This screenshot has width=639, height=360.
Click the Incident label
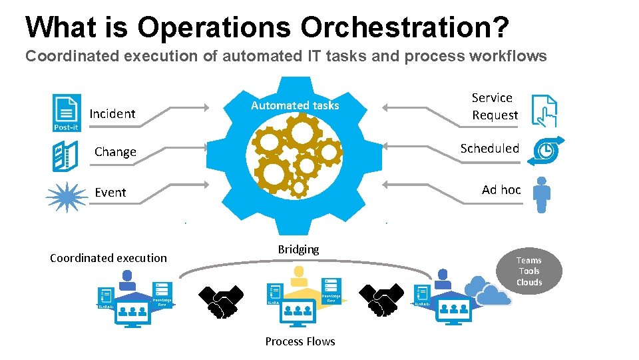(112, 114)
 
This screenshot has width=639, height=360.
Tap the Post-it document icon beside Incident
(67, 112)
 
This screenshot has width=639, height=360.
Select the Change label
(115, 152)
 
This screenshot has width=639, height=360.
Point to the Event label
(110, 193)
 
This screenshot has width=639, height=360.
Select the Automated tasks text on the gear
(295, 105)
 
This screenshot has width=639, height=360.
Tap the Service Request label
(495, 107)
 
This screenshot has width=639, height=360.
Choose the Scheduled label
(490, 149)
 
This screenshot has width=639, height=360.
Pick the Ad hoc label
(501, 190)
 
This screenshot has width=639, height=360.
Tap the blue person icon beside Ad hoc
(542, 194)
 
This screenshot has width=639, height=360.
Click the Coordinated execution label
(108, 258)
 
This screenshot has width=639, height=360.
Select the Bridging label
(298, 249)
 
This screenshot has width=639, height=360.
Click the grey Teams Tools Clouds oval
(529, 271)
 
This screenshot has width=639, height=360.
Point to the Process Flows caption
(300, 341)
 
